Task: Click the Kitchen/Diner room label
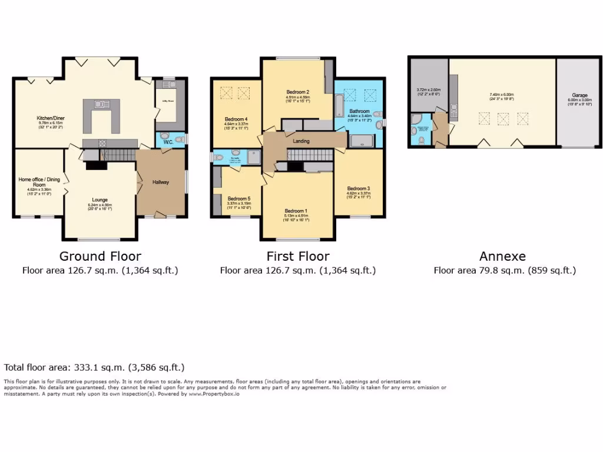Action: (51, 118)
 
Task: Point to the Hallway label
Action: (161, 182)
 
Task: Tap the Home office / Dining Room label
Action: (39, 182)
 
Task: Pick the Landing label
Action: (301, 141)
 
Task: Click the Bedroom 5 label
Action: (239, 198)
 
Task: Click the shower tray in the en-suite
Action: (255, 157)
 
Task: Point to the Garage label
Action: (579, 95)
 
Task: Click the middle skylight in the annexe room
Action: (503, 119)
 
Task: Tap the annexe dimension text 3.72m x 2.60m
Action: (429, 90)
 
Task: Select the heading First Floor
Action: (297, 256)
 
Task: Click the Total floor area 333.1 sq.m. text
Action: (94, 367)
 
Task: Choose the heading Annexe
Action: (502, 256)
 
